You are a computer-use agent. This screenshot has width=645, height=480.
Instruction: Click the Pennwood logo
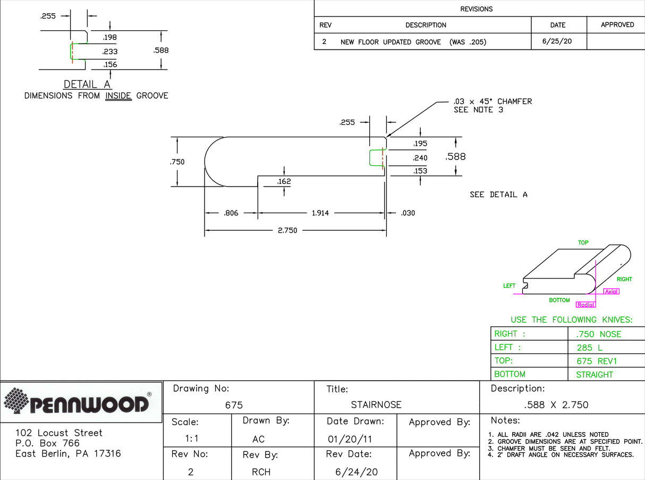tap(82, 402)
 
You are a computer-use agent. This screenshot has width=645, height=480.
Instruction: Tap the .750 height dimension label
tap(177, 162)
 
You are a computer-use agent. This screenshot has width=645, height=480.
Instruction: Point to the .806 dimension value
tap(231, 213)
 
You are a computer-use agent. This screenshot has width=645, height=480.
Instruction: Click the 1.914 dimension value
tap(320, 213)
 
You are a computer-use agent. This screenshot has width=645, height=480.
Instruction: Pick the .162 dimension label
tap(284, 182)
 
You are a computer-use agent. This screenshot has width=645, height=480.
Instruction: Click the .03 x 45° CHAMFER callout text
tap(493, 102)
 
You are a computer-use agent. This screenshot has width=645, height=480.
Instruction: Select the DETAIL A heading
tap(88, 85)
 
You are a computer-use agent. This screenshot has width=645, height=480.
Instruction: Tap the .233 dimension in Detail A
tap(110, 52)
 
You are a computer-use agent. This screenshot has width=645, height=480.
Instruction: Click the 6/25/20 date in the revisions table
tap(557, 41)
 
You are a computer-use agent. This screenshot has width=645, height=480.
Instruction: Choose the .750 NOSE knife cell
tap(598, 334)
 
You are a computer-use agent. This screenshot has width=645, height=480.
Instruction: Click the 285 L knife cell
tap(589, 348)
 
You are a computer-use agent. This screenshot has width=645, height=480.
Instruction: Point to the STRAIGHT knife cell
tap(595, 375)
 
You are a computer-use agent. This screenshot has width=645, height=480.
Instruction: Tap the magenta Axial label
tap(612, 291)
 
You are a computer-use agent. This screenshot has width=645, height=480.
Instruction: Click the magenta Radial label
tap(585, 305)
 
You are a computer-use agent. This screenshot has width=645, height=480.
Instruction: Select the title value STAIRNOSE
tap(376, 405)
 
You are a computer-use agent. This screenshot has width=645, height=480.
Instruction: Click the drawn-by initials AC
tap(258, 440)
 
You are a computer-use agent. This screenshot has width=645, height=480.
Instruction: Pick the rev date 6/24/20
tap(357, 472)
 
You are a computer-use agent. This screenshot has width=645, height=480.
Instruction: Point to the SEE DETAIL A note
tap(498, 195)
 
